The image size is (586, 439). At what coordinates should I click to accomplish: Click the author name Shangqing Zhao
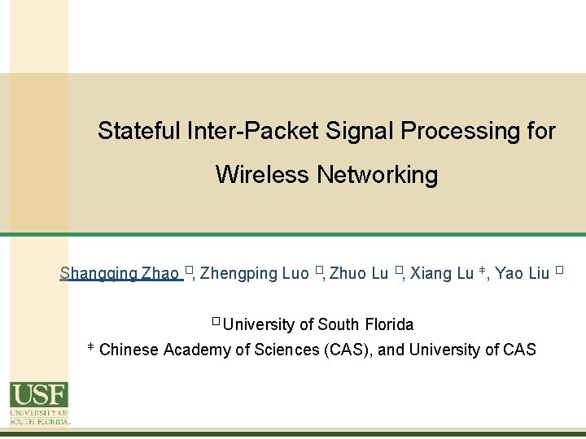click(x=120, y=273)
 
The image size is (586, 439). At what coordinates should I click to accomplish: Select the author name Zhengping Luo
click(x=254, y=273)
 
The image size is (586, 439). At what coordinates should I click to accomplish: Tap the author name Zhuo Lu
click(x=358, y=273)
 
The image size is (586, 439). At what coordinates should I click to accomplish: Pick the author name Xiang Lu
click(x=441, y=273)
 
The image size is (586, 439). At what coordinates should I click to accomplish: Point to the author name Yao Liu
click(x=522, y=273)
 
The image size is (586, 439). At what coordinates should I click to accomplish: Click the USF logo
click(x=39, y=403)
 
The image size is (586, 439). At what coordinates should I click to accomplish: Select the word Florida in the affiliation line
click(x=388, y=324)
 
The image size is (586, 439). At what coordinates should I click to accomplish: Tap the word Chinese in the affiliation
click(x=129, y=350)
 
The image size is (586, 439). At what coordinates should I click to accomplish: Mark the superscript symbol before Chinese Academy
click(x=90, y=346)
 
